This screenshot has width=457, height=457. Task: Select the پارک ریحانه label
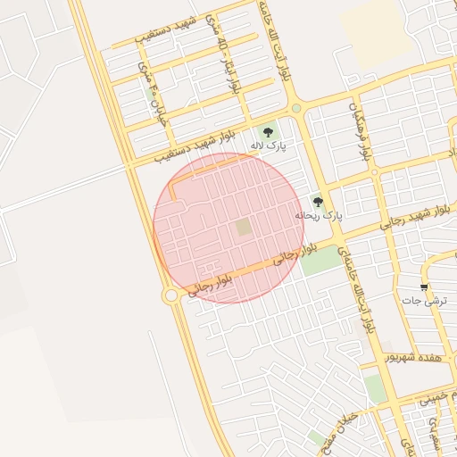pos(319,216)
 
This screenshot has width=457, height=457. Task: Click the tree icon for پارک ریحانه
pos(318,201)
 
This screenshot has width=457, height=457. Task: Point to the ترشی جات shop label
pos(423,302)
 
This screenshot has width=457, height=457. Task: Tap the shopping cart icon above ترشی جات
pos(423,287)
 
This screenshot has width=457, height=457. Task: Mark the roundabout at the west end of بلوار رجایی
pos(170,295)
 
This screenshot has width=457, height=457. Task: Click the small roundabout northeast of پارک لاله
pos(295,108)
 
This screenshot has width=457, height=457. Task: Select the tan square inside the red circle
pos(244,228)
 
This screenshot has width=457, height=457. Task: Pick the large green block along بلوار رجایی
pos(320,260)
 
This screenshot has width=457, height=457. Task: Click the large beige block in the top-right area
pos(370,23)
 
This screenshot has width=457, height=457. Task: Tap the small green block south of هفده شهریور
pos(374,387)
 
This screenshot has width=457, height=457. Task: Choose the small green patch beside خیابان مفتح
pos(317,438)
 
